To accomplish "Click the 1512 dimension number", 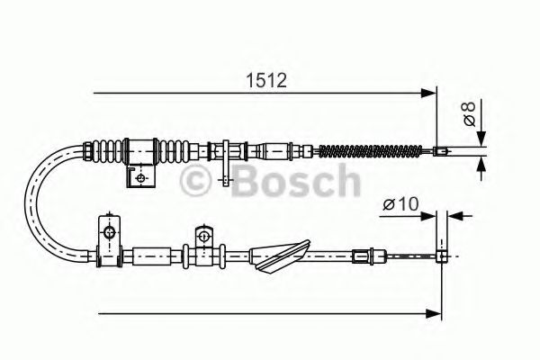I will tap(266, 79).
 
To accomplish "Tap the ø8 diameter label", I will tap(469, 114).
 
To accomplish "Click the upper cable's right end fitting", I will tap(441, 151).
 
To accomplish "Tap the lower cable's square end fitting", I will tap(442, 256).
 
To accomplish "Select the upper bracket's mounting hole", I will tap(139, 177).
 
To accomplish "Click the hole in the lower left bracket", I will tap(109, 233).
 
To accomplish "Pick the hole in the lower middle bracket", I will tap(203, 236).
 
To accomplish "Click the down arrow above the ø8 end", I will tap(482, 135).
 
